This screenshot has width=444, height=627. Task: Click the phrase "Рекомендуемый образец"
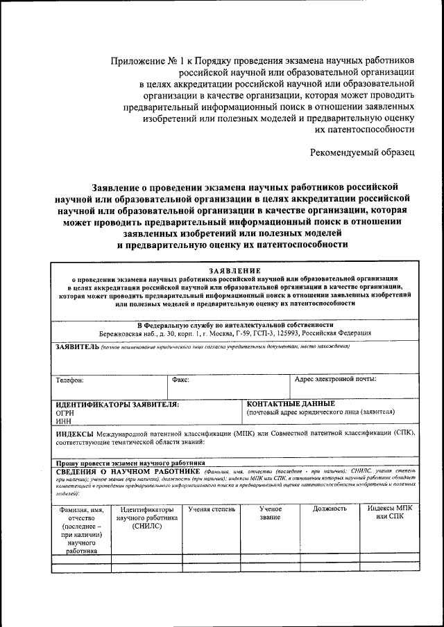tap(362, 151)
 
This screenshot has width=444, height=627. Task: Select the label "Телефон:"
tap(70, 380)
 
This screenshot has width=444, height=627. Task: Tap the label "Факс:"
tap(180, 380)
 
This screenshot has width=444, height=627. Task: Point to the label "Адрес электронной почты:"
tap(336, 380)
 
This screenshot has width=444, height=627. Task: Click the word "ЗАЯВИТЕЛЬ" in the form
tap(77, 346)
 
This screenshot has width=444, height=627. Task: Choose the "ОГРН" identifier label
tap(65, 412)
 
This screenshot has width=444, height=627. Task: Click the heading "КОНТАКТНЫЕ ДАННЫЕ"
tap(291, 403)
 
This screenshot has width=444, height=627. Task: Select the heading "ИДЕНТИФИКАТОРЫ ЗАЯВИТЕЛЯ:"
tap(117, 404)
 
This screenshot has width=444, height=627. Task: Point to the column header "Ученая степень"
tap(212, 509)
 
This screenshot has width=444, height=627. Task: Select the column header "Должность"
tap(330, 509)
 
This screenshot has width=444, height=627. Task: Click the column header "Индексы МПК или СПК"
tap(389, 513)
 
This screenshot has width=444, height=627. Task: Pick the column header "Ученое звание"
tap(270, 513)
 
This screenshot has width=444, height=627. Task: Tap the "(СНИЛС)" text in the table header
tap(146, 527)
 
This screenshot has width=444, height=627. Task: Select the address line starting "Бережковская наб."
tap(234, 333)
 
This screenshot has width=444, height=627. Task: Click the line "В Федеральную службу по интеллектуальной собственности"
tap(234, 324)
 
